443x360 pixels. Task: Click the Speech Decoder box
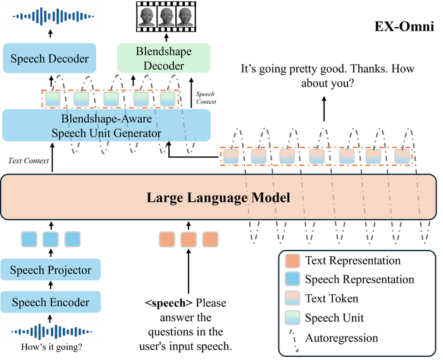(49, 58)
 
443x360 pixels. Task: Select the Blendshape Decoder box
(163, 58)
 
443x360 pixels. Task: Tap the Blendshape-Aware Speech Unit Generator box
(106, 125)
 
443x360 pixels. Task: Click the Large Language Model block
(218, 197)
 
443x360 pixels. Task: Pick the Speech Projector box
(51, 270)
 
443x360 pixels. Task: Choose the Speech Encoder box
(51, 302)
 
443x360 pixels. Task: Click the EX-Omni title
(404, 27)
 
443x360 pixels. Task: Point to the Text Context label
(28, 161)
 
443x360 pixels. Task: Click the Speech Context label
(206, 97)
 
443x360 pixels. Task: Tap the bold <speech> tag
(169, 303)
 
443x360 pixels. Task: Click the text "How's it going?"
(52, 347)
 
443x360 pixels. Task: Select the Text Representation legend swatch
(292, 261)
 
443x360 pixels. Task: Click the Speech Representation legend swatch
(292, 279)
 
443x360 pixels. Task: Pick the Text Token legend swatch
(292, 299)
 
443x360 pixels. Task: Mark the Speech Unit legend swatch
(292, 318)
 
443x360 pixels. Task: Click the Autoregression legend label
(342, 338)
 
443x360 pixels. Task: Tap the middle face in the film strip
(166, 16)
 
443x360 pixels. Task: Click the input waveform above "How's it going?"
(52, 332)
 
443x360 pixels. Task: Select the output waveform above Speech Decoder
(53, 16)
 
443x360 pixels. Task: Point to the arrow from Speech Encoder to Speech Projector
(51, 285)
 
